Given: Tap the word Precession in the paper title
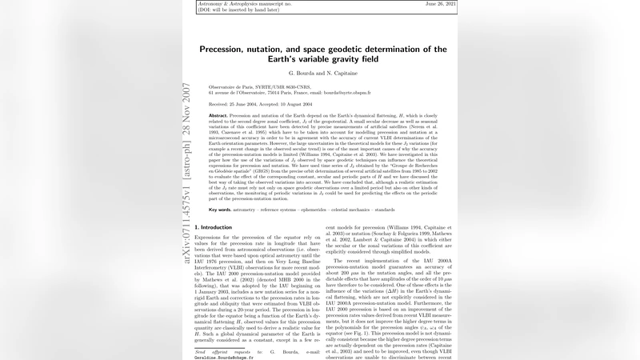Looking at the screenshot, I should click(x=228, y=50).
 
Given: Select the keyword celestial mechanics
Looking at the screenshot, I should click(x=372, y=209).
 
